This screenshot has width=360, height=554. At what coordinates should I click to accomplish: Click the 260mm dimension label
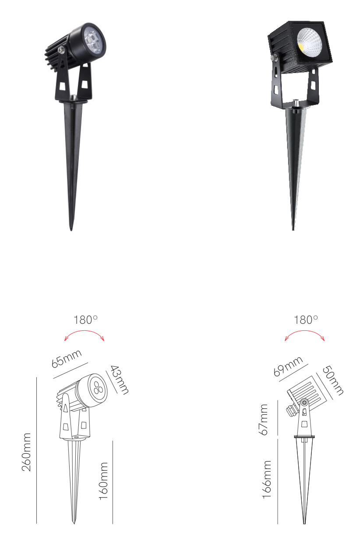(x=26, y=452)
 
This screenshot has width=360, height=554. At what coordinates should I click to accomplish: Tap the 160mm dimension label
(x=103, y=481)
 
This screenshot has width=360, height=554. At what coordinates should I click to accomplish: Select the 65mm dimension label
(x=67, y=358)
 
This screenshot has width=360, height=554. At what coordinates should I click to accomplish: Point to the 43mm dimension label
(x=120, y=380)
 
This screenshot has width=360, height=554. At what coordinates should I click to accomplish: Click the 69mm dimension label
(x=288, y=366)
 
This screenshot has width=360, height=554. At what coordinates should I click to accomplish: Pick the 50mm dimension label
(x=333, y=380)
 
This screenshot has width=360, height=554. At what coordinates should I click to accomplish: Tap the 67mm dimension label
(x=263, y=420)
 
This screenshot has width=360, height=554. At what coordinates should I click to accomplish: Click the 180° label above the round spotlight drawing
(x=86, y=319)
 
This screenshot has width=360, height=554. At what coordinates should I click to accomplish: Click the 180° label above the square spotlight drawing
(x=306, y=319)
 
